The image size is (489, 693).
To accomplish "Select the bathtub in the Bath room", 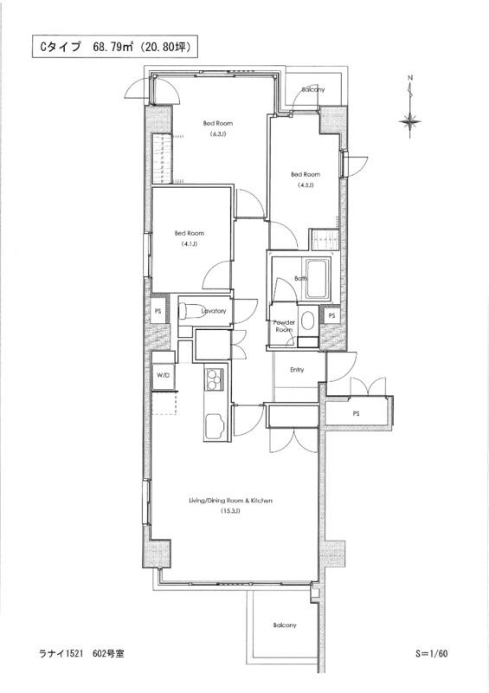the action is tap(318, 278).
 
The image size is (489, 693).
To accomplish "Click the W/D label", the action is tap(163, 375).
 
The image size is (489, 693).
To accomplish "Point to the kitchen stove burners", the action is tap(215, 379).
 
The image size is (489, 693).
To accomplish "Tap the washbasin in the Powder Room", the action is tap(307, 321).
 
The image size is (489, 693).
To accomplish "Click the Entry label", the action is tap(297, 370).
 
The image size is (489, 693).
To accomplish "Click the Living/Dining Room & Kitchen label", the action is tap(230, 501).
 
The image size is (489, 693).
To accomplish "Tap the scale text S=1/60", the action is tap(432, 653).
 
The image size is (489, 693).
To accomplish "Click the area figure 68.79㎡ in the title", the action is tap(113, 48).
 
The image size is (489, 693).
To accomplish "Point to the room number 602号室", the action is tap(108, 653).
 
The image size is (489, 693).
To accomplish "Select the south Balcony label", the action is tap(285, 625).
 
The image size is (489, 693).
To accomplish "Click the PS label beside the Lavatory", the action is tap(158, 311).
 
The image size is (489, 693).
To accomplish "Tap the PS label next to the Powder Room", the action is tap(331, 315).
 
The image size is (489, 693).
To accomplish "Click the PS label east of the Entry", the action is tap(356, 414).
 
